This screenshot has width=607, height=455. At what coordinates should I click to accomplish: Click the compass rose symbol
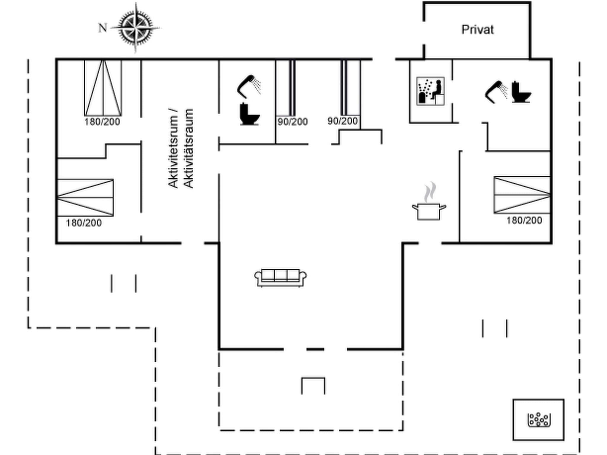coord(135,28)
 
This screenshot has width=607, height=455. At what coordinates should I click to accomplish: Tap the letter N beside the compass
coord(102,28)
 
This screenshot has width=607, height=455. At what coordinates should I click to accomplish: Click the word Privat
coord(477,30)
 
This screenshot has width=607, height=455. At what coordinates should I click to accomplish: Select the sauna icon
coord(430,91)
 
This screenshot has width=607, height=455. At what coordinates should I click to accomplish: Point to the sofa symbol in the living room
coord(280,278)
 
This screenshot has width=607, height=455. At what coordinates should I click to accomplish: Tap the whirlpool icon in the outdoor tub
coord(539,420)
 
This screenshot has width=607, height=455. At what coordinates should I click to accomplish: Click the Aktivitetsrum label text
coord(173,148)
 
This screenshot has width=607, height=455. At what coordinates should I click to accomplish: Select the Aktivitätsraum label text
coord(189,148)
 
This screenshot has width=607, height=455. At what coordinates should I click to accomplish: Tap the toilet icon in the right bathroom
coord(521,92)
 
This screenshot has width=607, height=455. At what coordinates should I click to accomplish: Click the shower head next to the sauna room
coord(496,92)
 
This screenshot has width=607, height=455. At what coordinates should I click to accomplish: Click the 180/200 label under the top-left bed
coord(102,122)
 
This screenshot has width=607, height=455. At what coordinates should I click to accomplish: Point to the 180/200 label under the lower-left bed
coord(84,223)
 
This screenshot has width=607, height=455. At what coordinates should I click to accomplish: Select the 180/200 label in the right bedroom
coord(524,220)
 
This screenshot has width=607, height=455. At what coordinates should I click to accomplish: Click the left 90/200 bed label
coord(293,121)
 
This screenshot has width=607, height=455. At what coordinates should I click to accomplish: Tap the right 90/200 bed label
coord(343,121)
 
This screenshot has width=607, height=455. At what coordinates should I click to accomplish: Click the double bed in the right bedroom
coord(522,195)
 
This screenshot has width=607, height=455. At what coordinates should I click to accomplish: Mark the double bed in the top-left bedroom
coord(103,88)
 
